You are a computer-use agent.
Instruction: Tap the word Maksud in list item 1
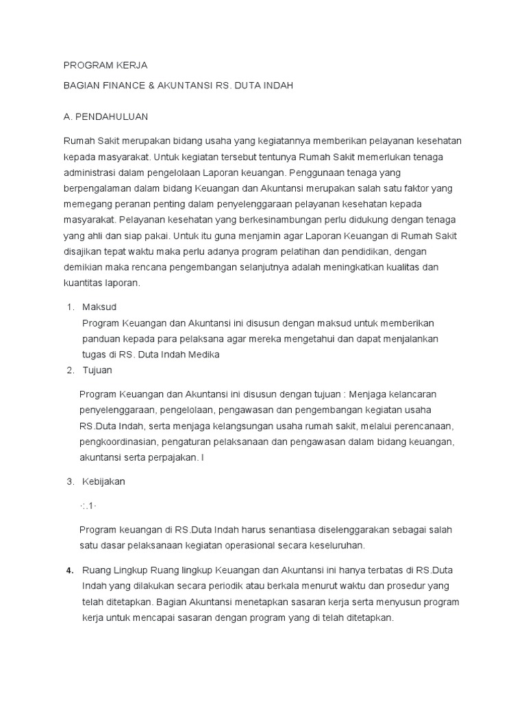pyautogui.click(x=100, y=307)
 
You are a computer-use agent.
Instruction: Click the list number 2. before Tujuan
pyautogui.click(x=70, y=370)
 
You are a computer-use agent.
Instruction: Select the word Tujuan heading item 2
pyautogui.click(x=97, y=370)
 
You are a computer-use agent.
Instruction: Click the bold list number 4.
pyautogui.click(x=69, y=570)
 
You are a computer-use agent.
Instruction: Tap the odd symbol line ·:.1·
pyautogui.click(x=90, y=505)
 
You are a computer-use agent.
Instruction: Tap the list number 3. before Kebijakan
pyautogui.click(x=70, y=481)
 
